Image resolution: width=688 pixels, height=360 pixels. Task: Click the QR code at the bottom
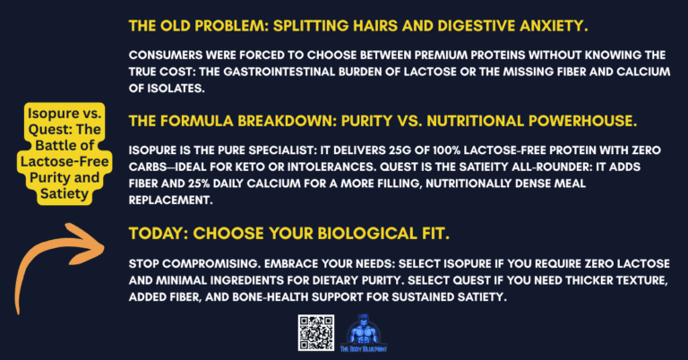pos(316,334)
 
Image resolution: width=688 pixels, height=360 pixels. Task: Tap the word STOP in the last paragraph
pos(145,266)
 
